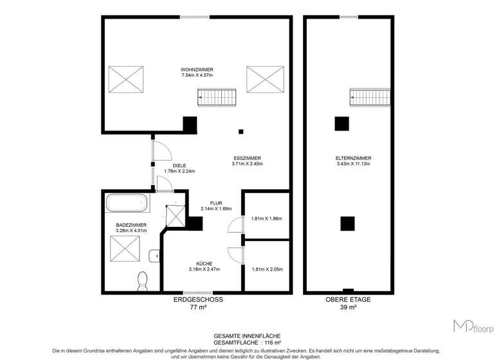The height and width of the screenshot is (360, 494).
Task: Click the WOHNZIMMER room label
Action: click(197, 69)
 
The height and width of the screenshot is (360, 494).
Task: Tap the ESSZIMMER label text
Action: click(246, 158)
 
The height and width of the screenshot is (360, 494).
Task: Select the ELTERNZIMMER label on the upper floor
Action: click(353, 158)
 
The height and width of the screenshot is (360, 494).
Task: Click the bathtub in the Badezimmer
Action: click(127, 204)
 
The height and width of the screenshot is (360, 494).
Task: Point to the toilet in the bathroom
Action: click(143, 280)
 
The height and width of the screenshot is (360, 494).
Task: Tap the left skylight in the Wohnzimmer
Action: click(127, 80)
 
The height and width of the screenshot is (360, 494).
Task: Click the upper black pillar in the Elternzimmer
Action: click(342, 123)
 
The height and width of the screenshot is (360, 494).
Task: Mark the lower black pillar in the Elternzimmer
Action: click(347, 223)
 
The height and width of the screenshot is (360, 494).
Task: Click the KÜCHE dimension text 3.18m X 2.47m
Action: click(205, 269)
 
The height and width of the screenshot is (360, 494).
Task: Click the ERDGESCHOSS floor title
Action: click(197, 300)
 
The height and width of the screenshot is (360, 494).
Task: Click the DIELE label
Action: click(170, 166)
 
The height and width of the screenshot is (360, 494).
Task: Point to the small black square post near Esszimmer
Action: click(241, 132)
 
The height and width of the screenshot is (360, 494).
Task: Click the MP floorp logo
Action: click(473, 327)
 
